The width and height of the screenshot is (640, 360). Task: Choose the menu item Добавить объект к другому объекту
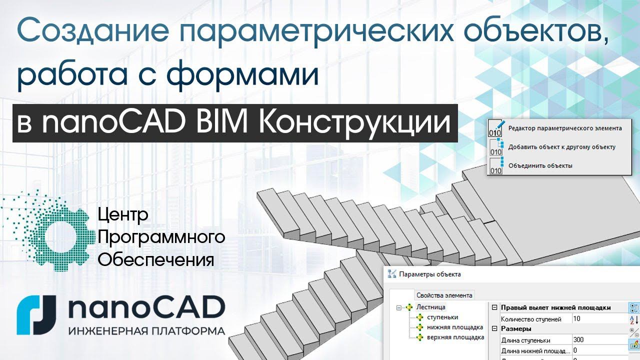coord(561,147)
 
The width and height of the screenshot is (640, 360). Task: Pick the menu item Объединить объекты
coord(540,165)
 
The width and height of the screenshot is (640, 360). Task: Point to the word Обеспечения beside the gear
coord(156,260)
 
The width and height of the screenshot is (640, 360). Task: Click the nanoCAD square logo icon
coord(36,314)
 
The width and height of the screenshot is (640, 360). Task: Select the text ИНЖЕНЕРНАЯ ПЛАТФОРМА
coord(146,331)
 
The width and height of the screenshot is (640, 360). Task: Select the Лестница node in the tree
coord(430,307)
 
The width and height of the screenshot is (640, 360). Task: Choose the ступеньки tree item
coord(439,317)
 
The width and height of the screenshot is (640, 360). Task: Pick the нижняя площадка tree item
coord(454,327)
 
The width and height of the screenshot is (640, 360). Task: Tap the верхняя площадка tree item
coord(455,337)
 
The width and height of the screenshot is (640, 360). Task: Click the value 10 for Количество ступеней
coord(577,318)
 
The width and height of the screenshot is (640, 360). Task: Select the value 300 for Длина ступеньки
coord(579,339)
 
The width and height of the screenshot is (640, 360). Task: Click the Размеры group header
coord(516,328)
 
